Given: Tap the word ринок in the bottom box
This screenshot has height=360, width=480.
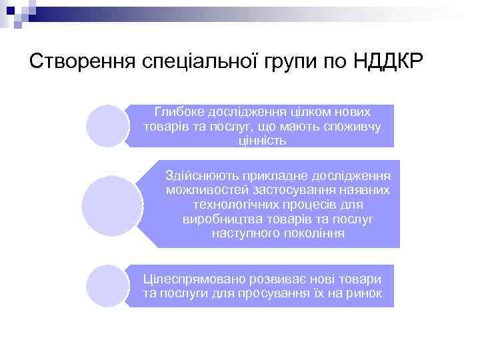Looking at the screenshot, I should [x=365, y=293].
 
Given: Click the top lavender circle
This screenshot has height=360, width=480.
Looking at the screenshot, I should [x=107, y=125].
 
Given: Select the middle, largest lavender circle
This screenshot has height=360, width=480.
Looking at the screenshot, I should [x=113, y=205].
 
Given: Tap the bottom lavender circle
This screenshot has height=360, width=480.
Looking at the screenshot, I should [x=107, y=285].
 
